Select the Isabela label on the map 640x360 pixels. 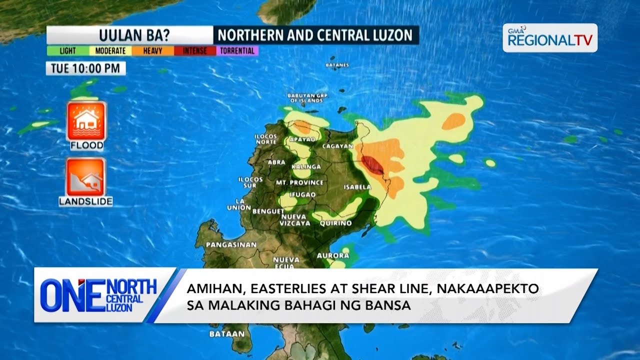click(357, 187)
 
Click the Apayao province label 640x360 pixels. click(302, 139)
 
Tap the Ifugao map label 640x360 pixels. click(302, 194)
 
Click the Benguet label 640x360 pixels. click(268, 211)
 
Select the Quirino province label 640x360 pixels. click(335, 223)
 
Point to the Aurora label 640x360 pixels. click(333, 255)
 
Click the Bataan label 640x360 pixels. click(227, 333)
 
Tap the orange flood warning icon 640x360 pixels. click(86, 121)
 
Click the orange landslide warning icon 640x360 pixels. click(85, 177)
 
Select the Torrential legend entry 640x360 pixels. click(237, 51)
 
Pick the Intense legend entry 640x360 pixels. click(194, 51)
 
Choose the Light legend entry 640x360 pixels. click(67, 51)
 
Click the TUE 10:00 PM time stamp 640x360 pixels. click(85, 68)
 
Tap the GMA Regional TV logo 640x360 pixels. click(550, 38)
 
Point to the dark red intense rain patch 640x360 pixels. click(372, 164)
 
